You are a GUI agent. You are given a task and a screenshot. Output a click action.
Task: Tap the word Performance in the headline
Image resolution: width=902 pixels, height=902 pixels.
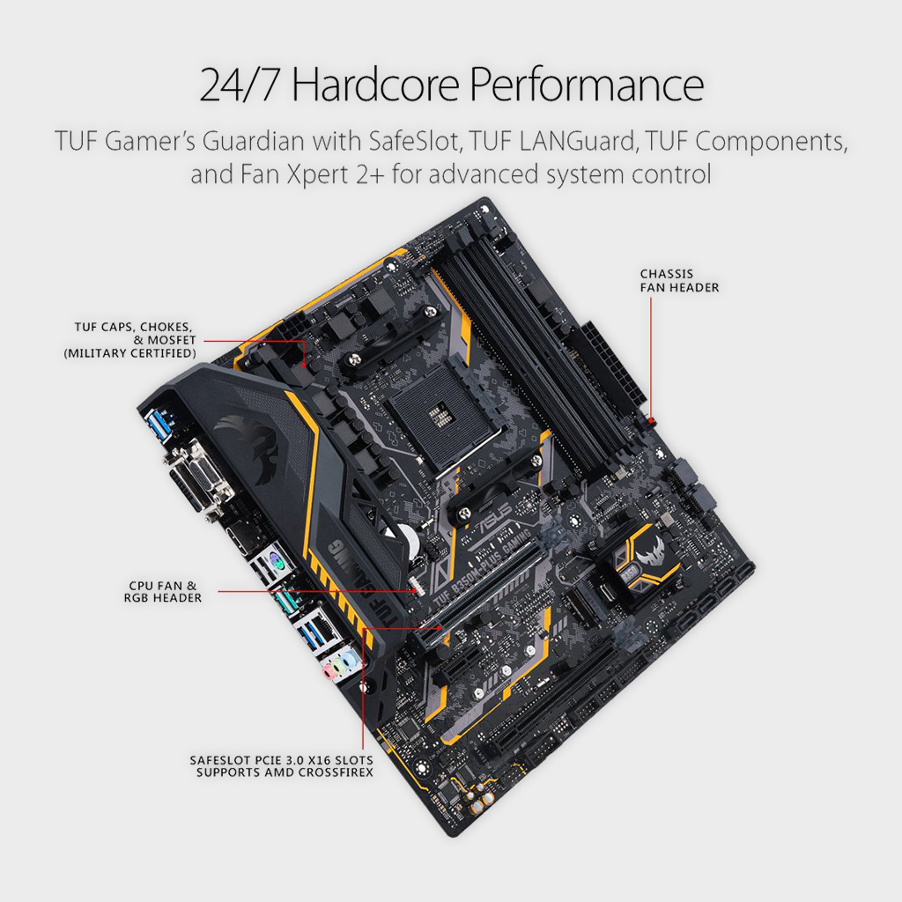point(587,85)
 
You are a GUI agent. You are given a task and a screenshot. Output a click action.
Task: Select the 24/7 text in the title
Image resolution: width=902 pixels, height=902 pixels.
point(240,85)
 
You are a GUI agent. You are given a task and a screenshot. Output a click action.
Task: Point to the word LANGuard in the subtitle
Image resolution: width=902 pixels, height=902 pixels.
point(578,141)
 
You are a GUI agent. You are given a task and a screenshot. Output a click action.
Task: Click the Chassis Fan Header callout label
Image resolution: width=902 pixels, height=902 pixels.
point(679,281)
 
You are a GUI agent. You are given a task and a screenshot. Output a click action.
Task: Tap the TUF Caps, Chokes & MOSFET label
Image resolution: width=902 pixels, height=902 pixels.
point(130,340)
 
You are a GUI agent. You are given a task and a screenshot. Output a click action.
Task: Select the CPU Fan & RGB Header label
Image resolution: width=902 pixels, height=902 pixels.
point(163,592)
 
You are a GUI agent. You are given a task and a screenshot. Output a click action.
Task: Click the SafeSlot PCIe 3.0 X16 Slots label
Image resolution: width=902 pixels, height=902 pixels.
point(282,766)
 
